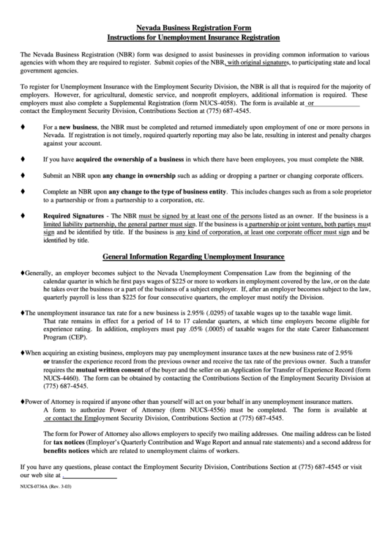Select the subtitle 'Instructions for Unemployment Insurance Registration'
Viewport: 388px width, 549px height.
click(193, 36)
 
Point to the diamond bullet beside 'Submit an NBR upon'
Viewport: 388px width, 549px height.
click(23, 175)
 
